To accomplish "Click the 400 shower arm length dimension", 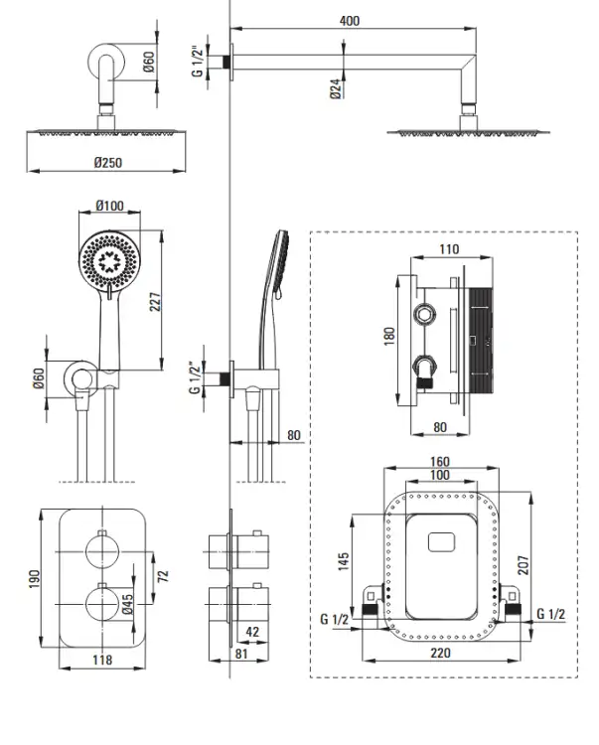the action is pos(349,21).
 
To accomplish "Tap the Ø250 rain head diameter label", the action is pos(108,163).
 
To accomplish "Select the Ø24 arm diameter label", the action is pos(336,88).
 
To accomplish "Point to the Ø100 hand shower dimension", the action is pos(109,206).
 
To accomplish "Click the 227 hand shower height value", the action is pos(156,302).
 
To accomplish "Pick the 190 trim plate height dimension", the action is pos(34,579).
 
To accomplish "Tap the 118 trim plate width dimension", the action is pos(102,660).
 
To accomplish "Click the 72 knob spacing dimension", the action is pos(163,576).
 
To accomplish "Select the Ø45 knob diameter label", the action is pos(127,604).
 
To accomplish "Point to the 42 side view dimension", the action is pos(252,632).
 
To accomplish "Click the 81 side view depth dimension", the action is pos(241,654).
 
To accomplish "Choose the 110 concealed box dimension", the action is pos(449,249).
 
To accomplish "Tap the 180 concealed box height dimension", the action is pos(389,336).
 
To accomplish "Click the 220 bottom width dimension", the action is pos(440,653).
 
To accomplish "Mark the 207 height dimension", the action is pos(523,565).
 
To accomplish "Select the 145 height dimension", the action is pos(344,561).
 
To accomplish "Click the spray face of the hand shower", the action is pos(109,260).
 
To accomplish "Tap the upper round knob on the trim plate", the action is pos(101,551).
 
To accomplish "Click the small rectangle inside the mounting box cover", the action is pos(441,542).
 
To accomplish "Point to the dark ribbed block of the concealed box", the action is pos(481,339).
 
